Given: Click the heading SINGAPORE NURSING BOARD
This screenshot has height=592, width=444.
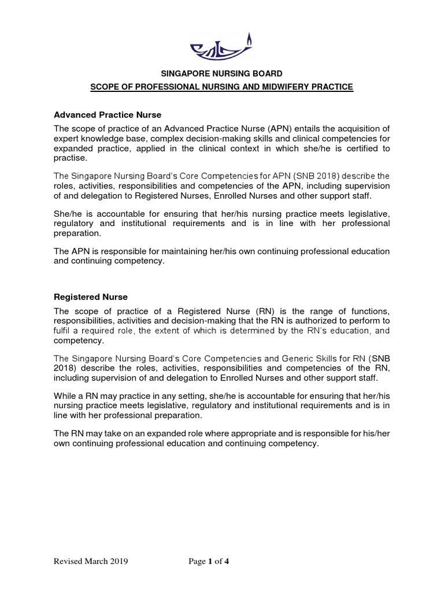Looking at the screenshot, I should click(x=221, y=73).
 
